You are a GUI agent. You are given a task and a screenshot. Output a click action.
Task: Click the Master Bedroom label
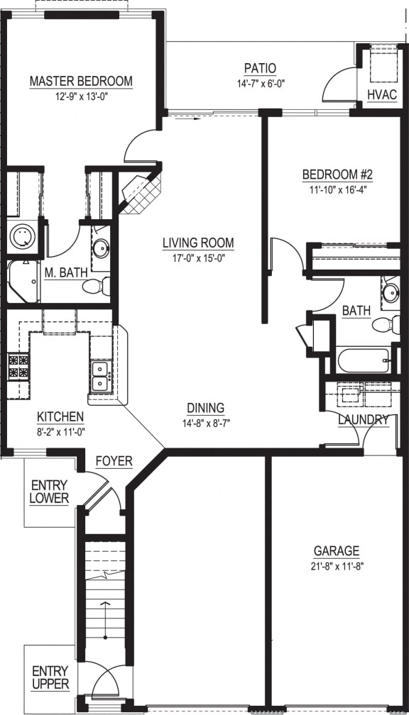(81, 81)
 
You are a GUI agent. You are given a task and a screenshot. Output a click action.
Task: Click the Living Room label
(198, 243)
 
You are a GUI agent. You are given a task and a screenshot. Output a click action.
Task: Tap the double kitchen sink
(100, 376)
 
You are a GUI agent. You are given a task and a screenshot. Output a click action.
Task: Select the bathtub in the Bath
(363, 360)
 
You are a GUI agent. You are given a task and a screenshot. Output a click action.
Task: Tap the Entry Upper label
(50, 677)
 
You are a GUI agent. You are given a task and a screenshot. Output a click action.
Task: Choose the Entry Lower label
(50, 491)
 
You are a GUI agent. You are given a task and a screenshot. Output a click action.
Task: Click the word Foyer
(114, 461)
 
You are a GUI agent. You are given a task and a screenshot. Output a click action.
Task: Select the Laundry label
(363, 420)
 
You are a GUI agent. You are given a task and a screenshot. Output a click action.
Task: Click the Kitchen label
(60, 416)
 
